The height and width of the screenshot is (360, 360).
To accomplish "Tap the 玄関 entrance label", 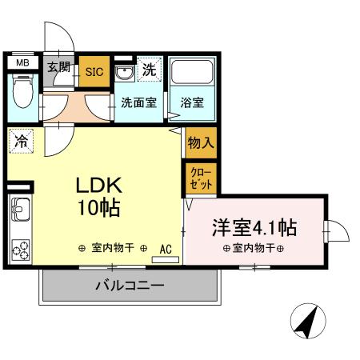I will click(x=58, y=67).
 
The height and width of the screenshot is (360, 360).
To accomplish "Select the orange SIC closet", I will click(x=93, y=70).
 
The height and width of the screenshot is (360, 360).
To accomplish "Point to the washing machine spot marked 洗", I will click(x=149, y=70).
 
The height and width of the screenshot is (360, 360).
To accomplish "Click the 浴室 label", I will click(x=190, y=102).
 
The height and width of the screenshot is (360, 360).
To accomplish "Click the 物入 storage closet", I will click(x=199, y=144).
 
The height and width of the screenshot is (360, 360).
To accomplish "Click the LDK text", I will click(x=98, y=186).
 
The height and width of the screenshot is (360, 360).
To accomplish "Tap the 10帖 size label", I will click(x=98, y=210).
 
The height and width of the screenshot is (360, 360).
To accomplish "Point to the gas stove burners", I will click(x=20, y=250).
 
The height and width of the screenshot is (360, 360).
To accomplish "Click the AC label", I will click(x=166, y=248).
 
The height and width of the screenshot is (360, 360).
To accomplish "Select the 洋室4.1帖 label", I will click(x=254, y=227).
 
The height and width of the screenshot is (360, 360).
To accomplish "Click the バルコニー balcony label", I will click(x=130, y=285).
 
